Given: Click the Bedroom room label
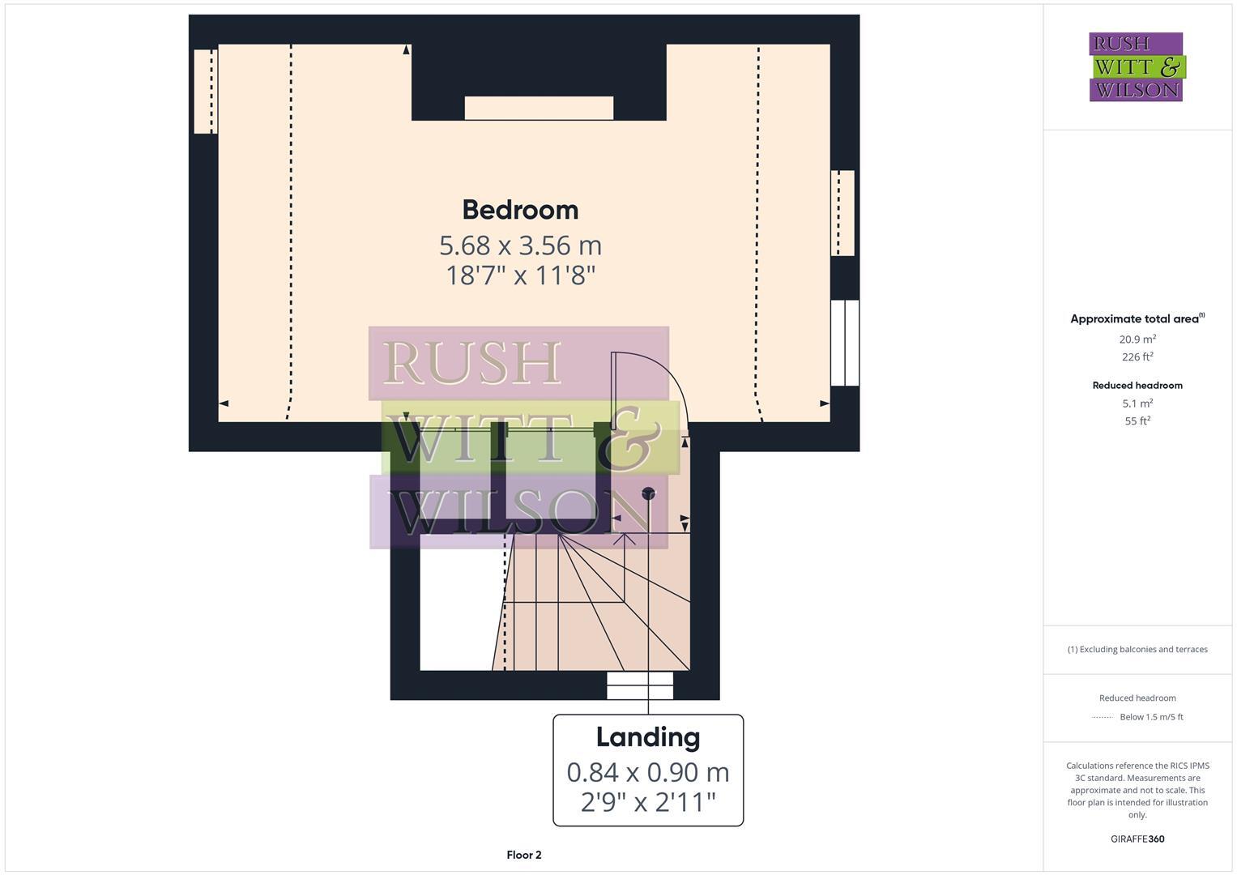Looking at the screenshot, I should coord(520,210).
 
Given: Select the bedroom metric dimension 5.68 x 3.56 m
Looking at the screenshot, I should coord(520,245).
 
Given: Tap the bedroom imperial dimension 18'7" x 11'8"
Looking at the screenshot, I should coord(520,275).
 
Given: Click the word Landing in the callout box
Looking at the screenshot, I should coord(647,737).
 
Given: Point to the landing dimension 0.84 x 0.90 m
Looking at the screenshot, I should coord(647,772).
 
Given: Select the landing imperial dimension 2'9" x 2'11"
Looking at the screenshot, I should coord(647,802).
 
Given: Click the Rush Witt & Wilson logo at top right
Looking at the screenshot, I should coord(1136,66).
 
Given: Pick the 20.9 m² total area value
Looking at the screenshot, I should coord(1137,339).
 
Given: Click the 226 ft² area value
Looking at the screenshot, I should coord(1137,357).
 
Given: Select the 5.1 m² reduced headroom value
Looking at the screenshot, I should coord(1137,403).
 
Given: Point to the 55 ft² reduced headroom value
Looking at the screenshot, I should coord(1137,421).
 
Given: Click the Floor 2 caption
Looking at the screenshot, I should coord(523,855).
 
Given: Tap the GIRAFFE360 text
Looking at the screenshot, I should coord(1137,839).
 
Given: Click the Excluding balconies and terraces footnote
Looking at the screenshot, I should coord(1137,649).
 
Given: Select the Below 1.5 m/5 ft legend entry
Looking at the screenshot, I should coord(1150,717).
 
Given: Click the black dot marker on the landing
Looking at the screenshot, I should coord(648,493).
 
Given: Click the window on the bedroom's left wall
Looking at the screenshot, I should coord(205,91).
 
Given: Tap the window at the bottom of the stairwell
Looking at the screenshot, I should coord(640,685).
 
